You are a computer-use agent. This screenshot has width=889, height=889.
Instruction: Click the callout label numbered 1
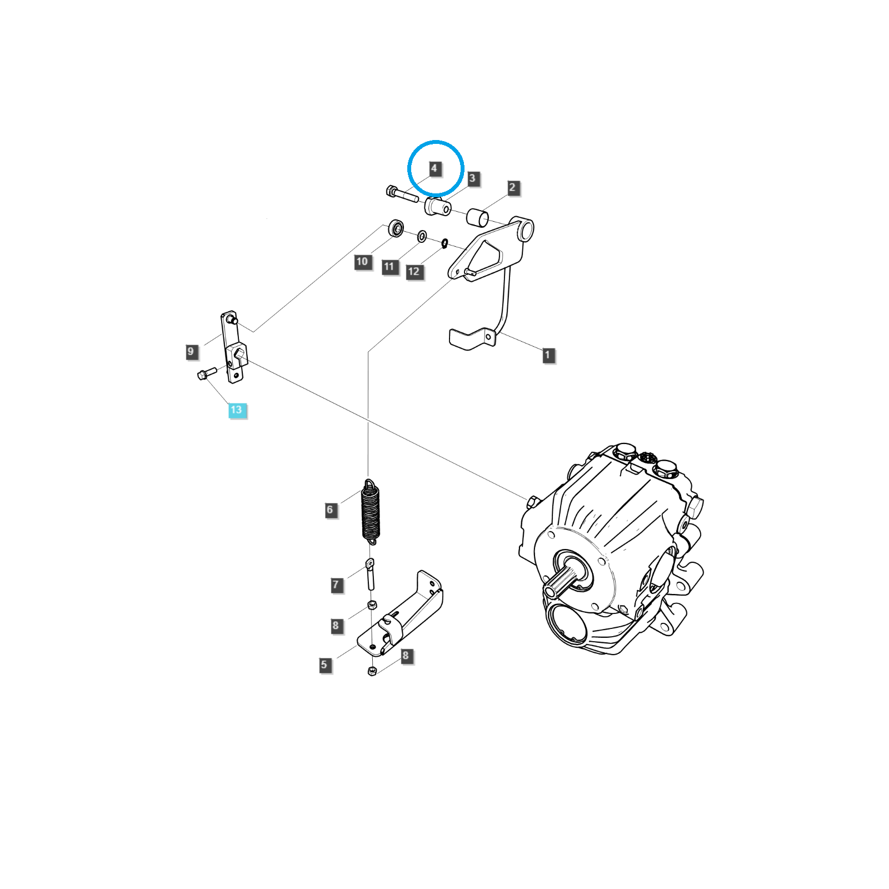tap(548, 355)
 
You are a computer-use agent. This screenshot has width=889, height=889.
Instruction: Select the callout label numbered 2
tap(512, 188)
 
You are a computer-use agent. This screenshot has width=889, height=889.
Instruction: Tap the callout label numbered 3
tap(472, 178)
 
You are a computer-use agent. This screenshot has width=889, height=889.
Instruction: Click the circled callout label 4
tap(434, 168)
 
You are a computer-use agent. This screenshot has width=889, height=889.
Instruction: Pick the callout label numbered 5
tap(324, 665)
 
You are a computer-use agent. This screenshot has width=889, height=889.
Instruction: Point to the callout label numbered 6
tap(330, 510)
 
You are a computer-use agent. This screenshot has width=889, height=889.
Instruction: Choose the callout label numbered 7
tap(336, 585)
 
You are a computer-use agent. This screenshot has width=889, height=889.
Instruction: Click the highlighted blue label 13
tap(237, 410)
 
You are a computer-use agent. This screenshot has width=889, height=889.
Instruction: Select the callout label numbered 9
tap(191, 352)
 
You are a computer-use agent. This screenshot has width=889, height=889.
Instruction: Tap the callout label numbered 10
tap(362, 262)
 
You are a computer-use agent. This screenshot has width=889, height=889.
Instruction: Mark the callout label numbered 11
tap(389, 267)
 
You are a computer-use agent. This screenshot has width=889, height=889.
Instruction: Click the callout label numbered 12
tap(414, 272)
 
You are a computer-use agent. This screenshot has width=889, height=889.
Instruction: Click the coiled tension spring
tap(371, 512)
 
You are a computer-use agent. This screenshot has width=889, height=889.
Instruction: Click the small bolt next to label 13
tap(207, 373)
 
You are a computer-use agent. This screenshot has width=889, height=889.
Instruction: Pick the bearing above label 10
tap(396, 228)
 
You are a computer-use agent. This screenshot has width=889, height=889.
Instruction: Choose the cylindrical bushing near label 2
tap(477, 218)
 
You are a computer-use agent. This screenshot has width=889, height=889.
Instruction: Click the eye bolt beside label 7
tap(370, 574)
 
